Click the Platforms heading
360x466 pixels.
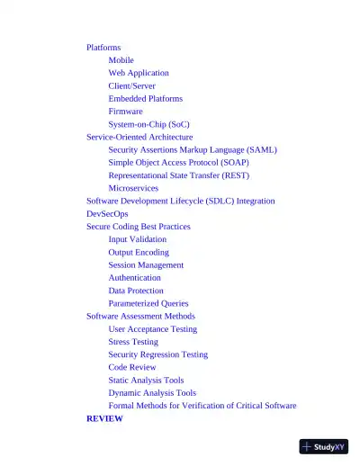point(103,47)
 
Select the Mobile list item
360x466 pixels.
point(121,60)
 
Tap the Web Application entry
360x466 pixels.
point(139,73)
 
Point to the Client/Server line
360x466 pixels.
point(131,85)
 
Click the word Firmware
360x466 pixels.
point(125,112)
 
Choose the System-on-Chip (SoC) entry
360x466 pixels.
point(148,124)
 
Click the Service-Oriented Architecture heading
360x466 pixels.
point(139,137)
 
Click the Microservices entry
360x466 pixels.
point(133,188)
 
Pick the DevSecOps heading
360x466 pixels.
point(107,214)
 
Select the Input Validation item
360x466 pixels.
point(137,239)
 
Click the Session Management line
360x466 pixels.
point(146,265)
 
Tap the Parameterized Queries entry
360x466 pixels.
point(148,303)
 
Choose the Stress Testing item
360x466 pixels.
point(133,342)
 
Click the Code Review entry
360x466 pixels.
point(131,367)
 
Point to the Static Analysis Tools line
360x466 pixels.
point(146,381)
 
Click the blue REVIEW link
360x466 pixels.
point(104,418)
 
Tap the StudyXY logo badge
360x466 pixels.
point(324,446)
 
